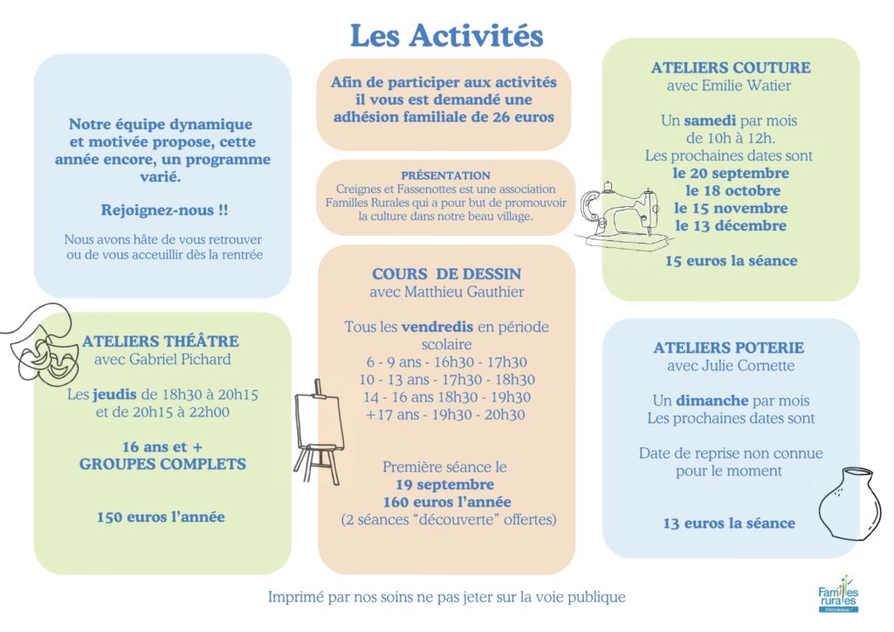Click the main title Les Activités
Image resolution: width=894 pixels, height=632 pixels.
pyautogui.click(x=446, y=36)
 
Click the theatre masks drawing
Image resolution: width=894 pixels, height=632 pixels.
pyautogui.click(x=39, y=345)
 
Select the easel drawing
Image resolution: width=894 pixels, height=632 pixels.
pyautogui.click(x=316, y=430)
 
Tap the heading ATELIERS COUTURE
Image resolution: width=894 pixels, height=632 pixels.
pyautogui.click(x=730, y=68)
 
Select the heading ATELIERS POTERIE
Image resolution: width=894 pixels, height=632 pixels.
pyautogui.click(x=728, y=347)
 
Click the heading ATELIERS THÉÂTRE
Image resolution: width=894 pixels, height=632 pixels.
pyautogui.click(x=161, y=341)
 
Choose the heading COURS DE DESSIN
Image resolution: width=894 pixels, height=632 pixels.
pyautogui.click(x=446, y=274)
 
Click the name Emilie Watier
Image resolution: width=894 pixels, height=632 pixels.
pyautogui.click(x=750, y=86)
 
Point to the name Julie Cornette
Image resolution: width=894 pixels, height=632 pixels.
pyautogui.click(x=751, y=366)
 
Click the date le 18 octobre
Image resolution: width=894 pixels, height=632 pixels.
pyautogui.click(x=730, y=190)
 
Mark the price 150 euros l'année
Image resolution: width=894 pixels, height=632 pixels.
pyautogui.click(x=161, y=517)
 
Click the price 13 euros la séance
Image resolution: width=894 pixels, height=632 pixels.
pyautogui.click(x=728, y=523)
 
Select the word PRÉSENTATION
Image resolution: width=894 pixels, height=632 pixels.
pyautogui.click(x=445, y=175)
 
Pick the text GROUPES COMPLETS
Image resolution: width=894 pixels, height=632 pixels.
pyautogui.click(x=162, y=464)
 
